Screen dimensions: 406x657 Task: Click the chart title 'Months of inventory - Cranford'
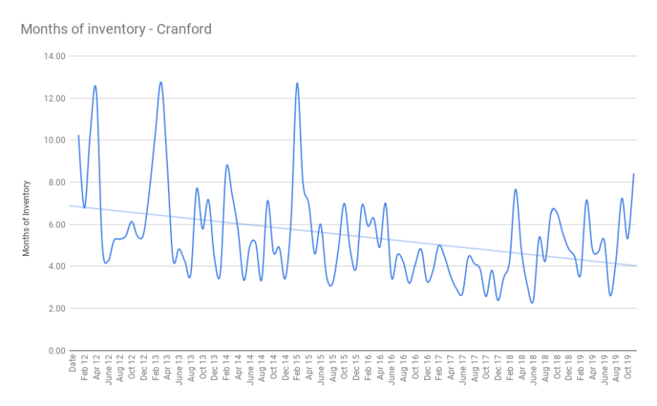point(116,29)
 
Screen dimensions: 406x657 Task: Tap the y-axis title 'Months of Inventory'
point(26,218)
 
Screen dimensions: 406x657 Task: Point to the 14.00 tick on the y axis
point(55,56)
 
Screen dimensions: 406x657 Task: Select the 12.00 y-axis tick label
point(55,98)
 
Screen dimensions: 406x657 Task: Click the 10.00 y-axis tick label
point(55,141)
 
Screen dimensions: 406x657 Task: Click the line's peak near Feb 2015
point(297,83)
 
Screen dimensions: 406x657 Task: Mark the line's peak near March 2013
point(161,82)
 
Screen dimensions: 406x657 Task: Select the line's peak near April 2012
point(95,86)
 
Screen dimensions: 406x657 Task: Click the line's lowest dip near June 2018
point(532,302)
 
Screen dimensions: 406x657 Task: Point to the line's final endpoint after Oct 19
point(634,174)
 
